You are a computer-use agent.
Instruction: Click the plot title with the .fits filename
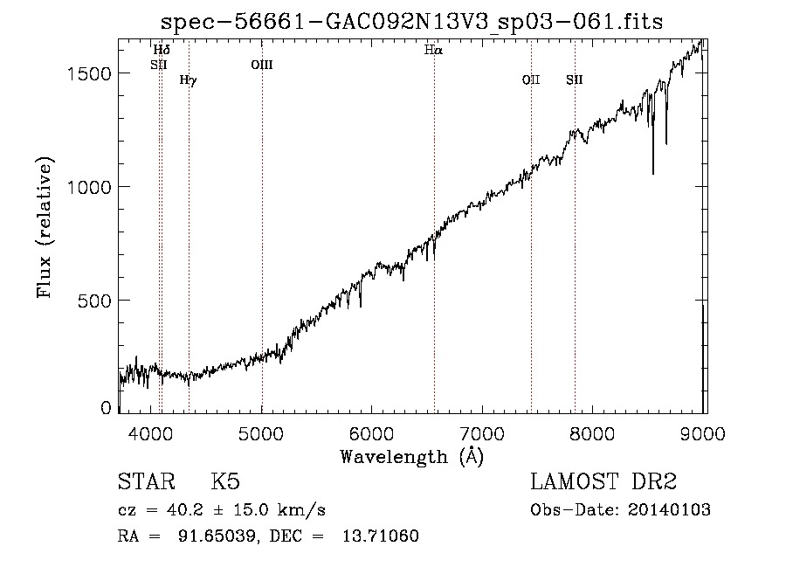click(x=411, y=22)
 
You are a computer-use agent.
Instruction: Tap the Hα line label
click(x=433, y=50)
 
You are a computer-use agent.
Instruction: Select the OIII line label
click(x=262, y=65)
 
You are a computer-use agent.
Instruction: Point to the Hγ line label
click(x=189, y=80)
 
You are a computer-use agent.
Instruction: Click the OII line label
click(x=531, y=80)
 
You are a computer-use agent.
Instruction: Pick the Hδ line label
click(x=162, y=50)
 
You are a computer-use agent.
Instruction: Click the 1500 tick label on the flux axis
click(x=89, y=74)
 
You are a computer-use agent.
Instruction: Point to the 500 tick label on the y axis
click(x=94, y=301)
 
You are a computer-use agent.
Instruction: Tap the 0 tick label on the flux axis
click(x=106, y=408)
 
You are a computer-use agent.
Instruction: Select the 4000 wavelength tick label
click(x=150, y=433)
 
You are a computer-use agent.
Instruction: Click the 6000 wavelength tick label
click(x=371, y=433)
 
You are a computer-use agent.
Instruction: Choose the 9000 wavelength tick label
click(x=703, y=433)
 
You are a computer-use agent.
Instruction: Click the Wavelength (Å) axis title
click(x=412, y=457)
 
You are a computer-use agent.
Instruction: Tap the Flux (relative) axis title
click(x=45, y=227)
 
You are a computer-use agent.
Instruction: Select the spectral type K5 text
click(x=225, y=481)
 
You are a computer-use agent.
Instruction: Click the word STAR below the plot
click(x=147, y=481)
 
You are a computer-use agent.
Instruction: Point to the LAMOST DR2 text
click(x=603, y=481)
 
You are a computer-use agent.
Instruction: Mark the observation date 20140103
click(x=669, y=510)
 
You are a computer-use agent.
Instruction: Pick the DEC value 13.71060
click(x=381, y=536)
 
